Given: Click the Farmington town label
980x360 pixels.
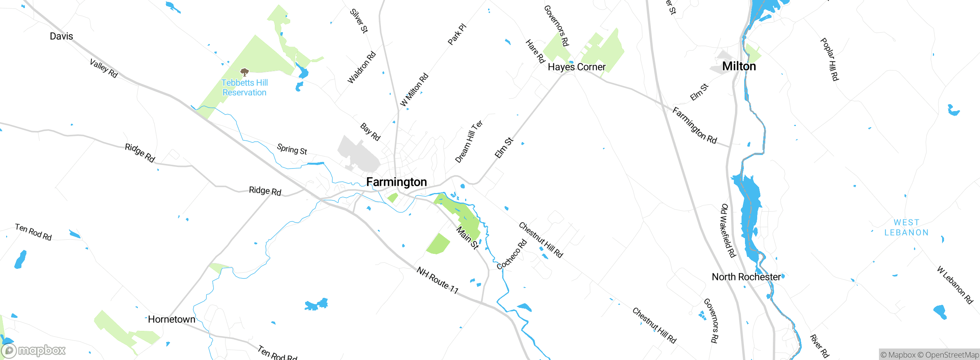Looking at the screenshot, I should [x=396, y=182].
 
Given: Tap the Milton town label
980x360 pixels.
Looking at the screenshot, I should [x=739, y=66].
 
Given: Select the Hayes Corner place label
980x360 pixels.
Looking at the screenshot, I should [x=577, y=67].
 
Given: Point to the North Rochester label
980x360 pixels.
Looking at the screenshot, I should [x=746, y=277].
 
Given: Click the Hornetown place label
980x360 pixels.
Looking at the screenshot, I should [x=171, y=319].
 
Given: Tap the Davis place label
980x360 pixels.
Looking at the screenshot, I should [x=61, y=36].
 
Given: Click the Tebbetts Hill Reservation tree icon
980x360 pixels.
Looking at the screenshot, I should [x=245, y=72].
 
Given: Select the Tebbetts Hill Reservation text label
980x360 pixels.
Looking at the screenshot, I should [x=245, y=88].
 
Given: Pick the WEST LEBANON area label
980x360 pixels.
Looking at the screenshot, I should [x=906, y=227].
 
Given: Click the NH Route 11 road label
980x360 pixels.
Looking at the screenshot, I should [x=438, y=280].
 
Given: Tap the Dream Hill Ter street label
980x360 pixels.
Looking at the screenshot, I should [x=469, y=141].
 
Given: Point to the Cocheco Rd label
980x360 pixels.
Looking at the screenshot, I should [x=512, y=254].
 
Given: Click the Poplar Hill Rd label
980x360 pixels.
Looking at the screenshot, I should [x=830, y=59].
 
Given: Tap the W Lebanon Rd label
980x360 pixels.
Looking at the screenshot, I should [x=955, y=285].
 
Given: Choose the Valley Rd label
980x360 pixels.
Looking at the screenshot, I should [x=103, y=68].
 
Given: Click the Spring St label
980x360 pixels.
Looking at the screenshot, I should [x=292, y=149].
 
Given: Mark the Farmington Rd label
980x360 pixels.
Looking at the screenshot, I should [x=694, y=126].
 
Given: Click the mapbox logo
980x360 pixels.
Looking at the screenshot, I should [x=34, y=350].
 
